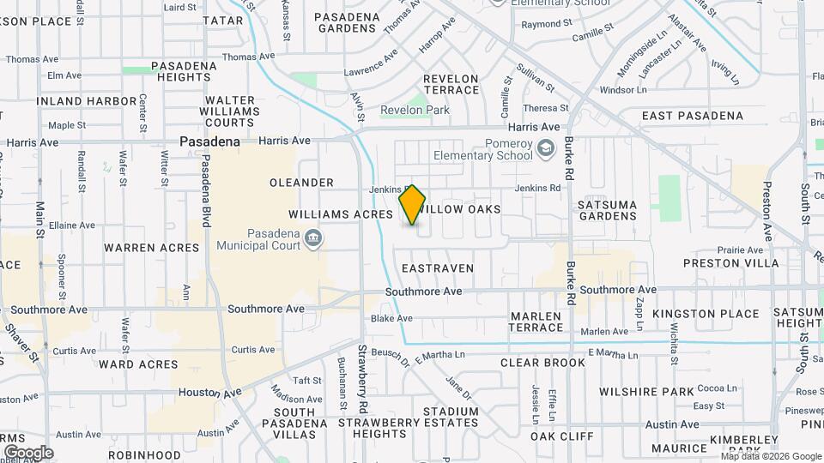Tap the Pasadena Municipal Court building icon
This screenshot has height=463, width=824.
(314, 238)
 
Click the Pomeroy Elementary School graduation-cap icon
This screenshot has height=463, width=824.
(545, 150)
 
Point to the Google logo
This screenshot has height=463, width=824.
(28, 452)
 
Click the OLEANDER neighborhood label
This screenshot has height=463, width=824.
(301, 183)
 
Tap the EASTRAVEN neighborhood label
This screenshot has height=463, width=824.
(438, 268)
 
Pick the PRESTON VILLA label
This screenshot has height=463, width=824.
(731, 263)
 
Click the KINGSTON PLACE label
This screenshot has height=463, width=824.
(706, 314)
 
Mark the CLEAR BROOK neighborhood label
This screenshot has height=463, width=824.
(542, 363)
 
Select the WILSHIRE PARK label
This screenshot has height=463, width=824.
(660, 392)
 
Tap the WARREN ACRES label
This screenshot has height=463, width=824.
(151, 248)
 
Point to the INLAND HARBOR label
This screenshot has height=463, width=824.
(87, 101)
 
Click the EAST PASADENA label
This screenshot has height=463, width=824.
(693, 116)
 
